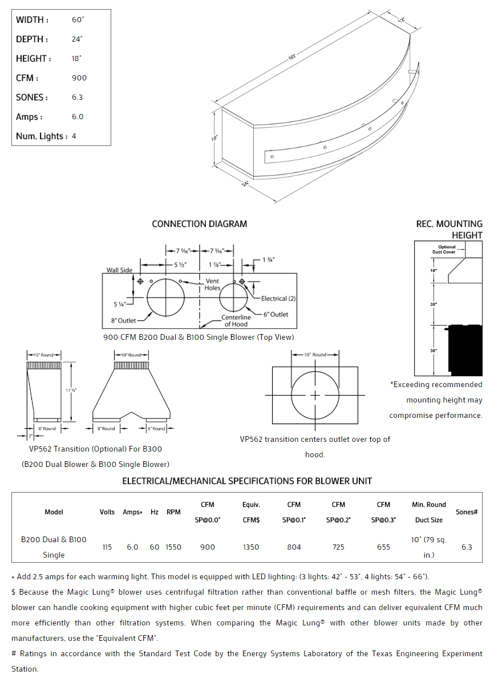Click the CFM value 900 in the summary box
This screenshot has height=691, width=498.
(79, 78)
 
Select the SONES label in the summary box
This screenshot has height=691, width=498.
(32, 97)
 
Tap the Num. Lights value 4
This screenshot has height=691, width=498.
(74, 136)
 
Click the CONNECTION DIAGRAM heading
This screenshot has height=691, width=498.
(200, 224)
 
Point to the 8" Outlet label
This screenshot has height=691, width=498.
(123, 320)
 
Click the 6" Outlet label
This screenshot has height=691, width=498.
(276, 314)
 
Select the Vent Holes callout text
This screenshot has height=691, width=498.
(212, 284)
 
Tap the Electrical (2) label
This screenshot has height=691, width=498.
(278, 298)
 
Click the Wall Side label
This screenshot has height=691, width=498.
(119, 270)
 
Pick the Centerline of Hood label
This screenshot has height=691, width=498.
(236, 320)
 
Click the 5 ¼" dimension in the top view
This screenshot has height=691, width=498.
(119, 304)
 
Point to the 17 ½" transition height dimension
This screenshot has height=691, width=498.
(71, 390)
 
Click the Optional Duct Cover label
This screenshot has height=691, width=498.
(447, 249)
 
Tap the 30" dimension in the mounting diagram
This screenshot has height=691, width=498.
(433, 304)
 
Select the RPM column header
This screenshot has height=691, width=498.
(173, 512)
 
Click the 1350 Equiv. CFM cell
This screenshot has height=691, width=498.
(251, 547)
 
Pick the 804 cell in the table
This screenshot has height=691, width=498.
(294, 547)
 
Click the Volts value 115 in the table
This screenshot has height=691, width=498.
(107, 547)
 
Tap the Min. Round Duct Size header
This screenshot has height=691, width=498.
(429, 512)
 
